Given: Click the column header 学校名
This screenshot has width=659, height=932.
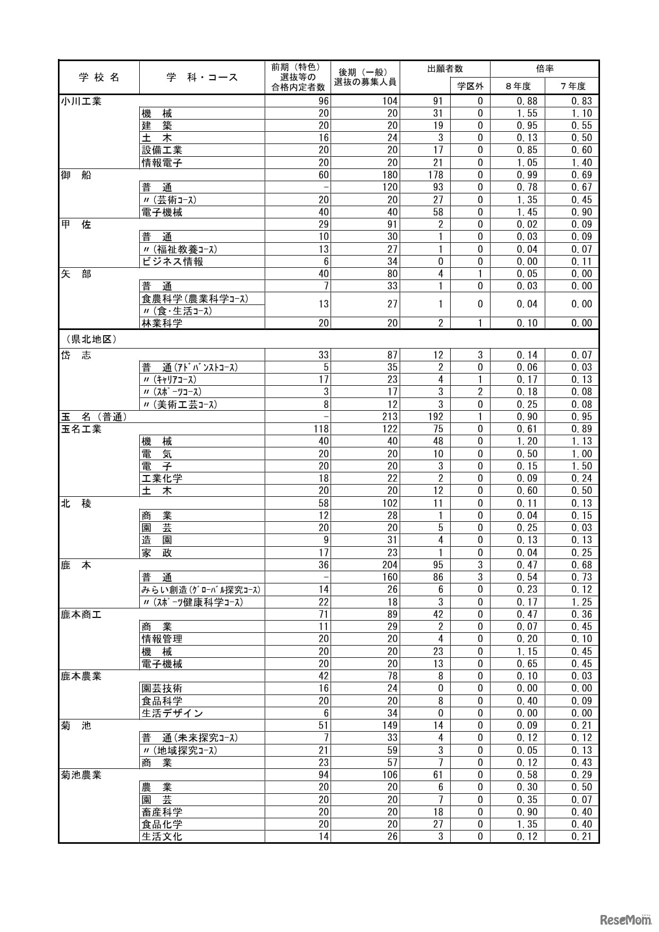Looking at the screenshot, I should coord(99,78).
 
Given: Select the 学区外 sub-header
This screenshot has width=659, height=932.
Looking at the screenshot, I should coord(470,86).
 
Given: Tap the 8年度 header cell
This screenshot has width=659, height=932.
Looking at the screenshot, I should coord(518,86).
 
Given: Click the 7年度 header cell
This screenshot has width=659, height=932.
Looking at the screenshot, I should coord(572,86).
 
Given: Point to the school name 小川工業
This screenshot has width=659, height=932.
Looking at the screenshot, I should coord(81,101).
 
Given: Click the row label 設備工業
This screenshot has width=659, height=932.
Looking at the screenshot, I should coord(162,150).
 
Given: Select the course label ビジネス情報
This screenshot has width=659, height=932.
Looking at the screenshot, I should coord(173,261).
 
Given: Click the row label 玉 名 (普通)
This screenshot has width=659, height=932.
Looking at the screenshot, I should coord(94,417).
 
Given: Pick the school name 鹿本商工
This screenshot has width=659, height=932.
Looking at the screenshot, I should coord(81,614).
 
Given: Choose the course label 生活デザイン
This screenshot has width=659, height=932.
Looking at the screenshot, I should coord(173,713).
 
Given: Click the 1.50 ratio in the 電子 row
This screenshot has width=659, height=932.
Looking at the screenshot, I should coord(581,466).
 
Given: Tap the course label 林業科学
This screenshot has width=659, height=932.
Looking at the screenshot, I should coord(162,323).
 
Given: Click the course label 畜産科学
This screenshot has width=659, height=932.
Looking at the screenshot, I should coord(162,812).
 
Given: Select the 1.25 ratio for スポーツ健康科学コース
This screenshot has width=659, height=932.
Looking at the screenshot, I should coord(581,602).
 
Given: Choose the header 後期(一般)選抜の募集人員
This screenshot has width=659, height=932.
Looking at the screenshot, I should coord(365,78).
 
